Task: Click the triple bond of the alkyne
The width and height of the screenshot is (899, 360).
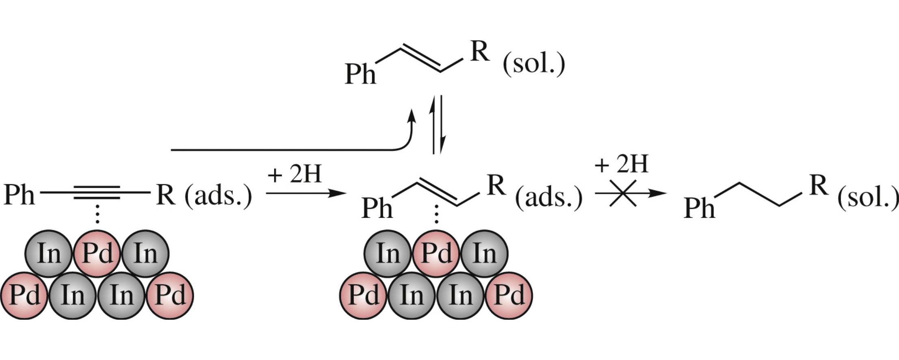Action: tap(97, 193)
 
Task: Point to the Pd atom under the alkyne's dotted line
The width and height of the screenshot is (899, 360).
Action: tap(97, 254)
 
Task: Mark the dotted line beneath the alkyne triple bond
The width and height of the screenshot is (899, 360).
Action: tap(97, 214)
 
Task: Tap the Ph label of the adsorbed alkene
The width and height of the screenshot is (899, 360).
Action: tap(377, 208)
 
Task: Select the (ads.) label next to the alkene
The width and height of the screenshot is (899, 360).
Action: tap(549, 197)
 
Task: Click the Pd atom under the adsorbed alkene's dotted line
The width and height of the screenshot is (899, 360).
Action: tap(436, 254)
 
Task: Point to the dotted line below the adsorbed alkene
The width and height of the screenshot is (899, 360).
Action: tap(436, 214)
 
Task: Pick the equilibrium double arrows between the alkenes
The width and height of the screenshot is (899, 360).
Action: tap(438, 125)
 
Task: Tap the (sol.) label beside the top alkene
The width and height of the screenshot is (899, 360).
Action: tap(534, 64)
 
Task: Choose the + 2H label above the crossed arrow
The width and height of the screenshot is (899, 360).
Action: tap(622, 164)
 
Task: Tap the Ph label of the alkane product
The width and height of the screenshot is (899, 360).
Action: tap(699, 208)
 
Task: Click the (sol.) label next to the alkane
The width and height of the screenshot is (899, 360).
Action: tap(868, 198)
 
